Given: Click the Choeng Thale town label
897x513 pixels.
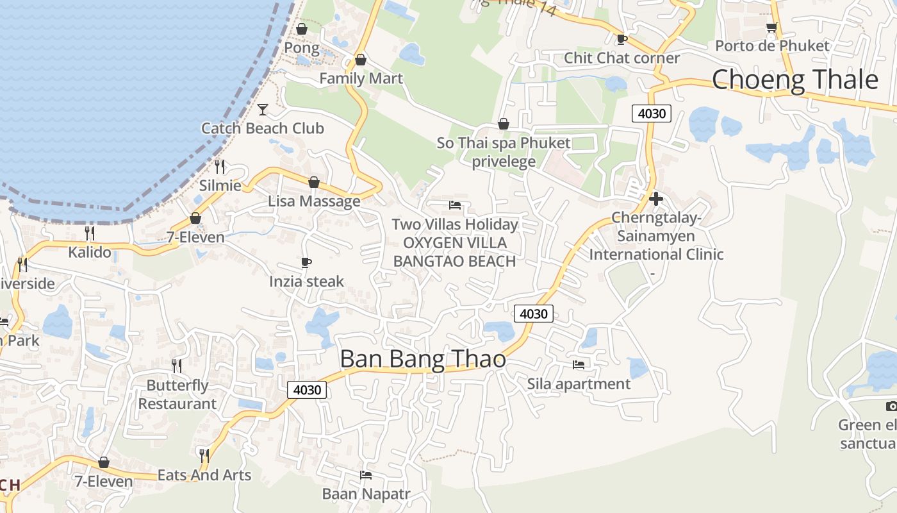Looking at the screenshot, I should [794, 80].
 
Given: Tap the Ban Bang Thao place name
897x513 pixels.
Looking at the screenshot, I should [423, 359].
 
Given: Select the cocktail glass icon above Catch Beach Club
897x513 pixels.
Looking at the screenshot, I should [262, 110].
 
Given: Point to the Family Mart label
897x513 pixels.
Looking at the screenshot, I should [361, 78].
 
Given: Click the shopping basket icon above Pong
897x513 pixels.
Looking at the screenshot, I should [302, 29].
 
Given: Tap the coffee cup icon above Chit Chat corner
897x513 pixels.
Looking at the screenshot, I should [621, 39].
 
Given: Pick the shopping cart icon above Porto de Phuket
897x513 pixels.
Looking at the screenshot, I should [771, 27].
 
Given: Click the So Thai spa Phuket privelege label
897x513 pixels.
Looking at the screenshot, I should [504, 152].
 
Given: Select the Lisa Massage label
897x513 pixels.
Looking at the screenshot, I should [314, 201].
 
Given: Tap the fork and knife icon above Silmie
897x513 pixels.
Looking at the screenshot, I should [220, 167].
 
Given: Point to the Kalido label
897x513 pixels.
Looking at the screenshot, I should [90, 252].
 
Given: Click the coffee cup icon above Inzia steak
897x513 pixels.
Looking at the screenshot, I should [306, 262].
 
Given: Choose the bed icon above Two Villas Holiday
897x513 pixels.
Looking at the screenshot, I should [455, 205].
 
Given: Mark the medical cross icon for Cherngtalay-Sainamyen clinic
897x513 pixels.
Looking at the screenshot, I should [655, 199].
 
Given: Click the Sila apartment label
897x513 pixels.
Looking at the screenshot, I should [579, 384].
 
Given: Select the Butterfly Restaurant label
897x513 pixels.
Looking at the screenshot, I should [177, 394].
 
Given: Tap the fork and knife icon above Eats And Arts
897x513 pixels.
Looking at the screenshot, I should [204, 455].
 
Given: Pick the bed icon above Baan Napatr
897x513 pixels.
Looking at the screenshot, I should [366, 475].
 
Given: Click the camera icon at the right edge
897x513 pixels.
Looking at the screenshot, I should [891, 406].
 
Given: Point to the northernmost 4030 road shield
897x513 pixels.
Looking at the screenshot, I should [652, 114].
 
